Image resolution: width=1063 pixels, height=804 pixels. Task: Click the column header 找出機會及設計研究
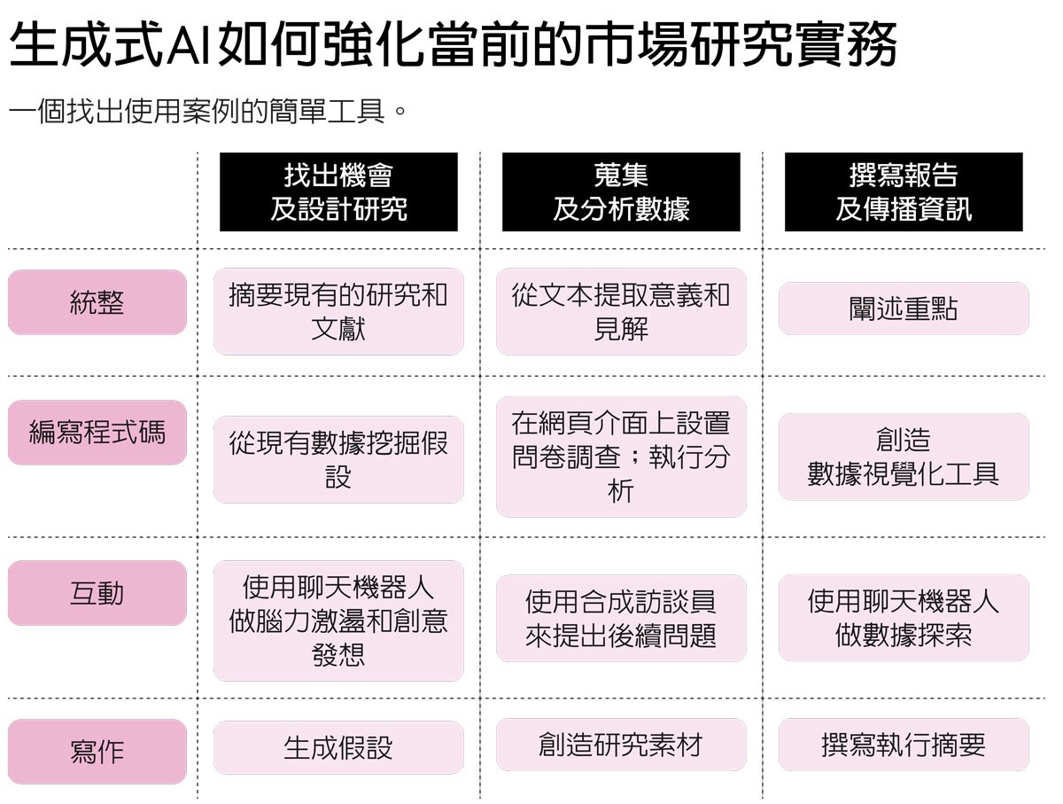(x=338, y=191)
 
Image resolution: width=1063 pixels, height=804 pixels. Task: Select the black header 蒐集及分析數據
(x=621, y=191)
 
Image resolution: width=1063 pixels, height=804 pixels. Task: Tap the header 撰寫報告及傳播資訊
(x=904, y=191)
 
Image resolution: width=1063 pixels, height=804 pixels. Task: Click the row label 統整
(x=97, y=302)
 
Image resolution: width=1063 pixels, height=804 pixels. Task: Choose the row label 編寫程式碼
(x=97, y=433)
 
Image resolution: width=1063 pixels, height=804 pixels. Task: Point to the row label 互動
(x=97, y=593)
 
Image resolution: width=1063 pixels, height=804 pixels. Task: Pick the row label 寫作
(x=97, y=751)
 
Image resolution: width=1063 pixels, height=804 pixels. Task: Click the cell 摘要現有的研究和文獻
(x=338, y=312)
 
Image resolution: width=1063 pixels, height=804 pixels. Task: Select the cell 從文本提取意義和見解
(x=621, y=312)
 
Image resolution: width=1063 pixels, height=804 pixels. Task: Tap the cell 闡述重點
(x=904, y=308)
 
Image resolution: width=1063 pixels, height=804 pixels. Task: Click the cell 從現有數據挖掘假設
(x=338, y=459)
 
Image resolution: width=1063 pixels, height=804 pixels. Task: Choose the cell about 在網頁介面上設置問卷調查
(x=621, y=457)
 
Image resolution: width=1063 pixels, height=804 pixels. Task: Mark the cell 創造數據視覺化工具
(x=904, y=457)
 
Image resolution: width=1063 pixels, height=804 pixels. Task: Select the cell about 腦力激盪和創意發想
(x=338, y=621)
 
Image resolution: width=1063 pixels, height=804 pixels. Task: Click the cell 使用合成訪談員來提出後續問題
(x=621, y=618)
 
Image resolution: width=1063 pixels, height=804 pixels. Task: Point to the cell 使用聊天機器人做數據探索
(x=904, y=618)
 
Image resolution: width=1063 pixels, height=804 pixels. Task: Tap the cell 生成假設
(x=338, y=747)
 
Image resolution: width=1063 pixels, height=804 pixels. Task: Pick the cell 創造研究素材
(x=621, y=745)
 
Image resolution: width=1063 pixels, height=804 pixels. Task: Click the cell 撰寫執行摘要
(x=904, y=745)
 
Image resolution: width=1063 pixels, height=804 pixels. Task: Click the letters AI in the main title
(x=189, y=45)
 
